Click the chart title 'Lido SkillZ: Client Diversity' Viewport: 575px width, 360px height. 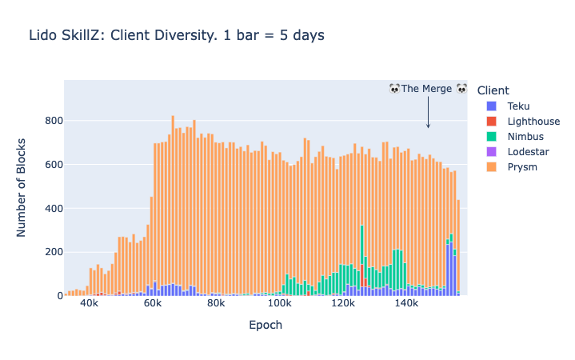coord(176,35)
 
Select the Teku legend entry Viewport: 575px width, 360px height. coord(518,106)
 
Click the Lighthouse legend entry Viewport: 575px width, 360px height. coord(533,122)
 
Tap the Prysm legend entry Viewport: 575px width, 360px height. coord(521,167)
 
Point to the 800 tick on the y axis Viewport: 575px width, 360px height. coord(54,121)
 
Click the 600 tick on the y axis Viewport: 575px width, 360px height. coord(54,165)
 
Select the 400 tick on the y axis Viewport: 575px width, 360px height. coord(54,209)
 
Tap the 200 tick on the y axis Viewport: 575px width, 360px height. coord(54,252)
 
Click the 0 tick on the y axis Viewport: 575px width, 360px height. coord(58,296)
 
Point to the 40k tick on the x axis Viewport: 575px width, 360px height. coord(90,305)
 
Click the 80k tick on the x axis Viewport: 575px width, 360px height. coord(216,305)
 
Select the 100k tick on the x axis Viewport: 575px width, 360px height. coord(280,305)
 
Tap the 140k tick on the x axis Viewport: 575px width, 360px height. coord(406,305)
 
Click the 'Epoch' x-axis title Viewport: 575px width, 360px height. coord(266,326)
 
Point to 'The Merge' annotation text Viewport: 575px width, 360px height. coord(427,89)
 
